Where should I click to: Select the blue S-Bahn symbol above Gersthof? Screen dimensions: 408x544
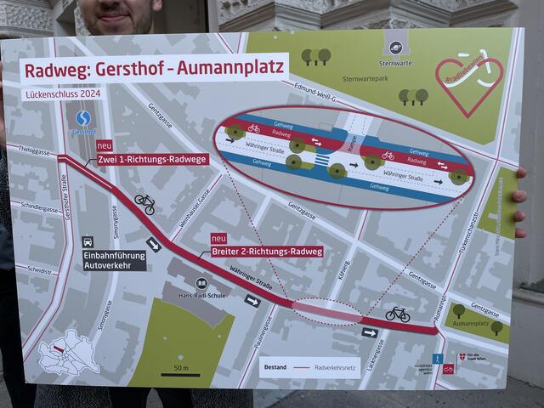(x=82, y=118)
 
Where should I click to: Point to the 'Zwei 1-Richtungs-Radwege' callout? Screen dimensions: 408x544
(x=152, y=159)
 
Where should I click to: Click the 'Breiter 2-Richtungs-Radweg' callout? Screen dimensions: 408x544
(x=267, y=252)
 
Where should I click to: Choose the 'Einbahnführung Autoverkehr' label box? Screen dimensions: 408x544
(x=114, y=260)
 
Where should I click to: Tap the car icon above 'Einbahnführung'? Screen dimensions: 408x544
(x=88, y=242)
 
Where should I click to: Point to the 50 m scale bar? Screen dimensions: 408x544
(x=180, y=371)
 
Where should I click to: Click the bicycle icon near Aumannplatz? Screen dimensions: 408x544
(x=397, y=314)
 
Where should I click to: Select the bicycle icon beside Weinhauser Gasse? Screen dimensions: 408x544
(x=144, y=204)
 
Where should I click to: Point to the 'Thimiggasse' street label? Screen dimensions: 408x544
(x=31, y=153)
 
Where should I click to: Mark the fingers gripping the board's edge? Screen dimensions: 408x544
(x=519, y=203)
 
